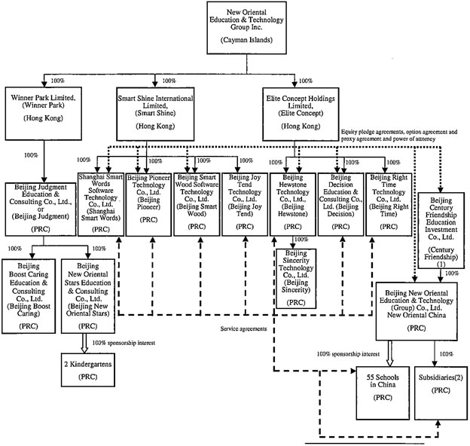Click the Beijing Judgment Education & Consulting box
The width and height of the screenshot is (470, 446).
coord(42,211)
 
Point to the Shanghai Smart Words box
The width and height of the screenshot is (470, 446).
coord(101,203)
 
